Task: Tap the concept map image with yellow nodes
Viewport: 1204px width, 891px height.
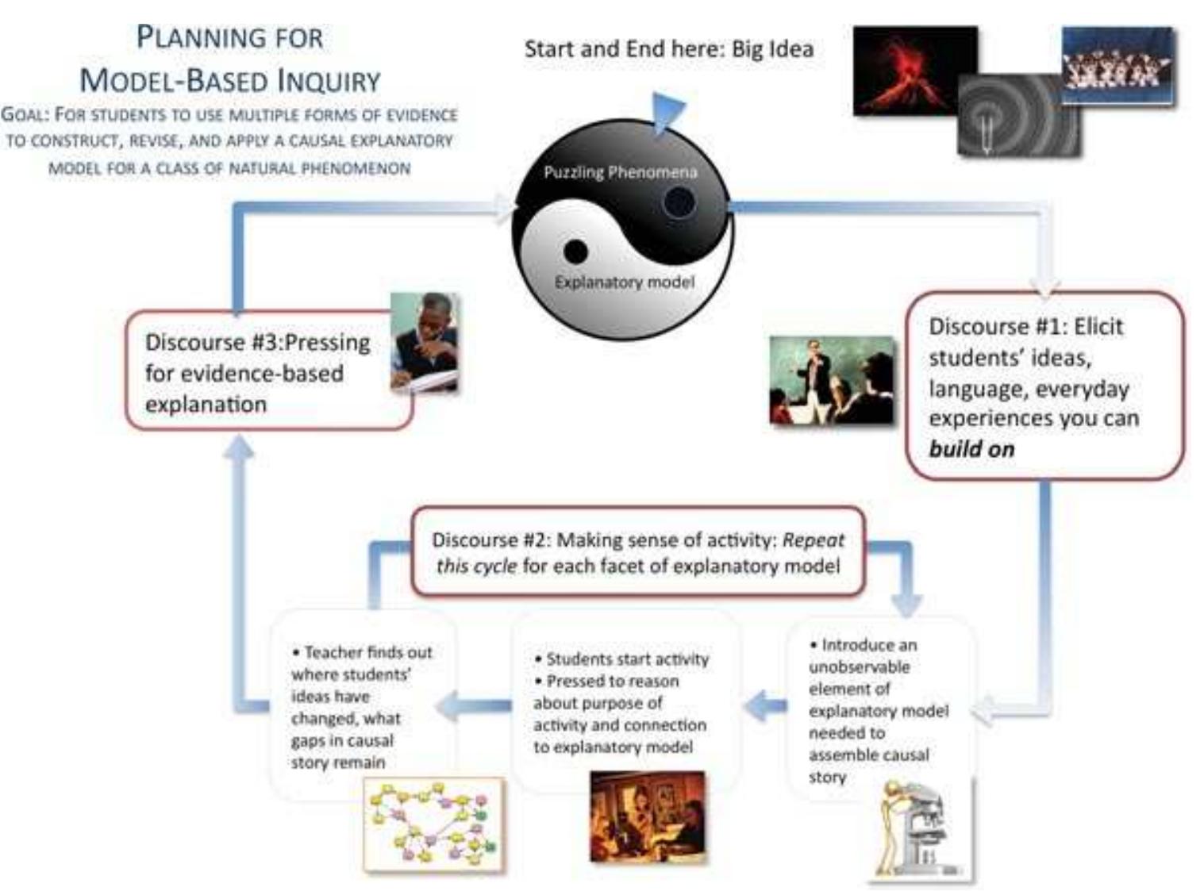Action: point(433,824)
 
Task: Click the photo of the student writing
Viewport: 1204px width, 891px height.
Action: point(425,342)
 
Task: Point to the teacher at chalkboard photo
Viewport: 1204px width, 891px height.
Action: point(831,381)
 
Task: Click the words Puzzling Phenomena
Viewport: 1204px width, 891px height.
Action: point(620,172)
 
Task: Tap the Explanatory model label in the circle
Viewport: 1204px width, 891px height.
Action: point(624,282)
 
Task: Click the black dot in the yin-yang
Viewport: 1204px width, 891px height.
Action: point(575,252)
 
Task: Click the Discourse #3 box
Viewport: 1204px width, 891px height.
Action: point(258,373)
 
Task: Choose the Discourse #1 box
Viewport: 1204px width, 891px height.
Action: point(1043,386)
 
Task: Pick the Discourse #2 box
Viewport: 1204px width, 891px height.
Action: point(637,552)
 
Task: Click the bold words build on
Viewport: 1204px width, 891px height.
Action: point(971,449)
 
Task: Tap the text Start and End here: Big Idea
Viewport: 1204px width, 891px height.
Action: point(668,49)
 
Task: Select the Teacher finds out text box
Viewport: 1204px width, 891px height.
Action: point(362,706)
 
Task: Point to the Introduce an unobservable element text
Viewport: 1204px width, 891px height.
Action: point(878,710)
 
